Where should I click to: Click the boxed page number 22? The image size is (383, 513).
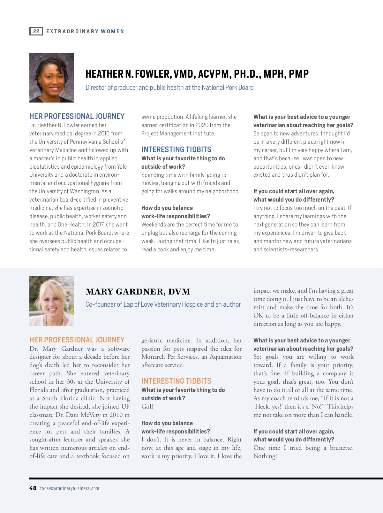point(36,31)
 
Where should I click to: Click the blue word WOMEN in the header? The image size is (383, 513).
point(112,31)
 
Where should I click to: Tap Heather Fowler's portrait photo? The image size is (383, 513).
point(51,78)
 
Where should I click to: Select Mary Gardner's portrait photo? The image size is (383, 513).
point(51,301)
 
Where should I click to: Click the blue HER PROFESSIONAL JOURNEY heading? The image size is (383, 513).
point(77,116)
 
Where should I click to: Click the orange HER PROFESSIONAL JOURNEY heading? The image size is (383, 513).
point(77,340)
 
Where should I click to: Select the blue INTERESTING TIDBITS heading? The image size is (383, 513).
point(176,149)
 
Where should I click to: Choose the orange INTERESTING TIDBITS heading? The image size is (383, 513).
point(176,381)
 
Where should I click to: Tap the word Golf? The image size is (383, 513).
point(147,406)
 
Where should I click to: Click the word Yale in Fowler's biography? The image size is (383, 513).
point(122,167)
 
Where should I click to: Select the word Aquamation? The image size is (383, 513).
point(225,357)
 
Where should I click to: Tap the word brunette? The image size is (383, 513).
point(342,448)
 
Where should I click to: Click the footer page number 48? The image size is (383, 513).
point(33,488)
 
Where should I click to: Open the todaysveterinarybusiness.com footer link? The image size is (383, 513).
point(70,488)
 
